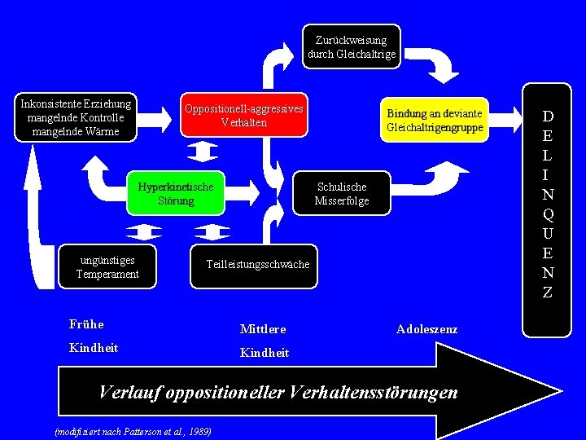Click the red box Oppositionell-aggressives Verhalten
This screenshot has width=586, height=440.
click(244, 116)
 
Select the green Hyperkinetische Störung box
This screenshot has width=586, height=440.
click(175, 193)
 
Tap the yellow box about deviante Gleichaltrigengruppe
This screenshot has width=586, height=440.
click(435, 120)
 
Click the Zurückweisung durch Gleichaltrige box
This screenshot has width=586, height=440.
click(352, 46)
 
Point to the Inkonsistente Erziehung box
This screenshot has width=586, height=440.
click(76, 117)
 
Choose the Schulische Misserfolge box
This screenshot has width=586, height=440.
click(342, 193)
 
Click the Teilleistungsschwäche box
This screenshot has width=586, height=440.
click(257, 265)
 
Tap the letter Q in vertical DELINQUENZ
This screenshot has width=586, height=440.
click(548, 215)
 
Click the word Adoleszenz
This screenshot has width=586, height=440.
click(426, 329)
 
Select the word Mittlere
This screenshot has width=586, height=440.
click(263, 329)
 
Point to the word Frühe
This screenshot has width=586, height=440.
click(86, 324)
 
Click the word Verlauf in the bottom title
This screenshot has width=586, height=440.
click(129, 392)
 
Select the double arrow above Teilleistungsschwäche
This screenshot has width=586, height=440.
click(213, 232)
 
